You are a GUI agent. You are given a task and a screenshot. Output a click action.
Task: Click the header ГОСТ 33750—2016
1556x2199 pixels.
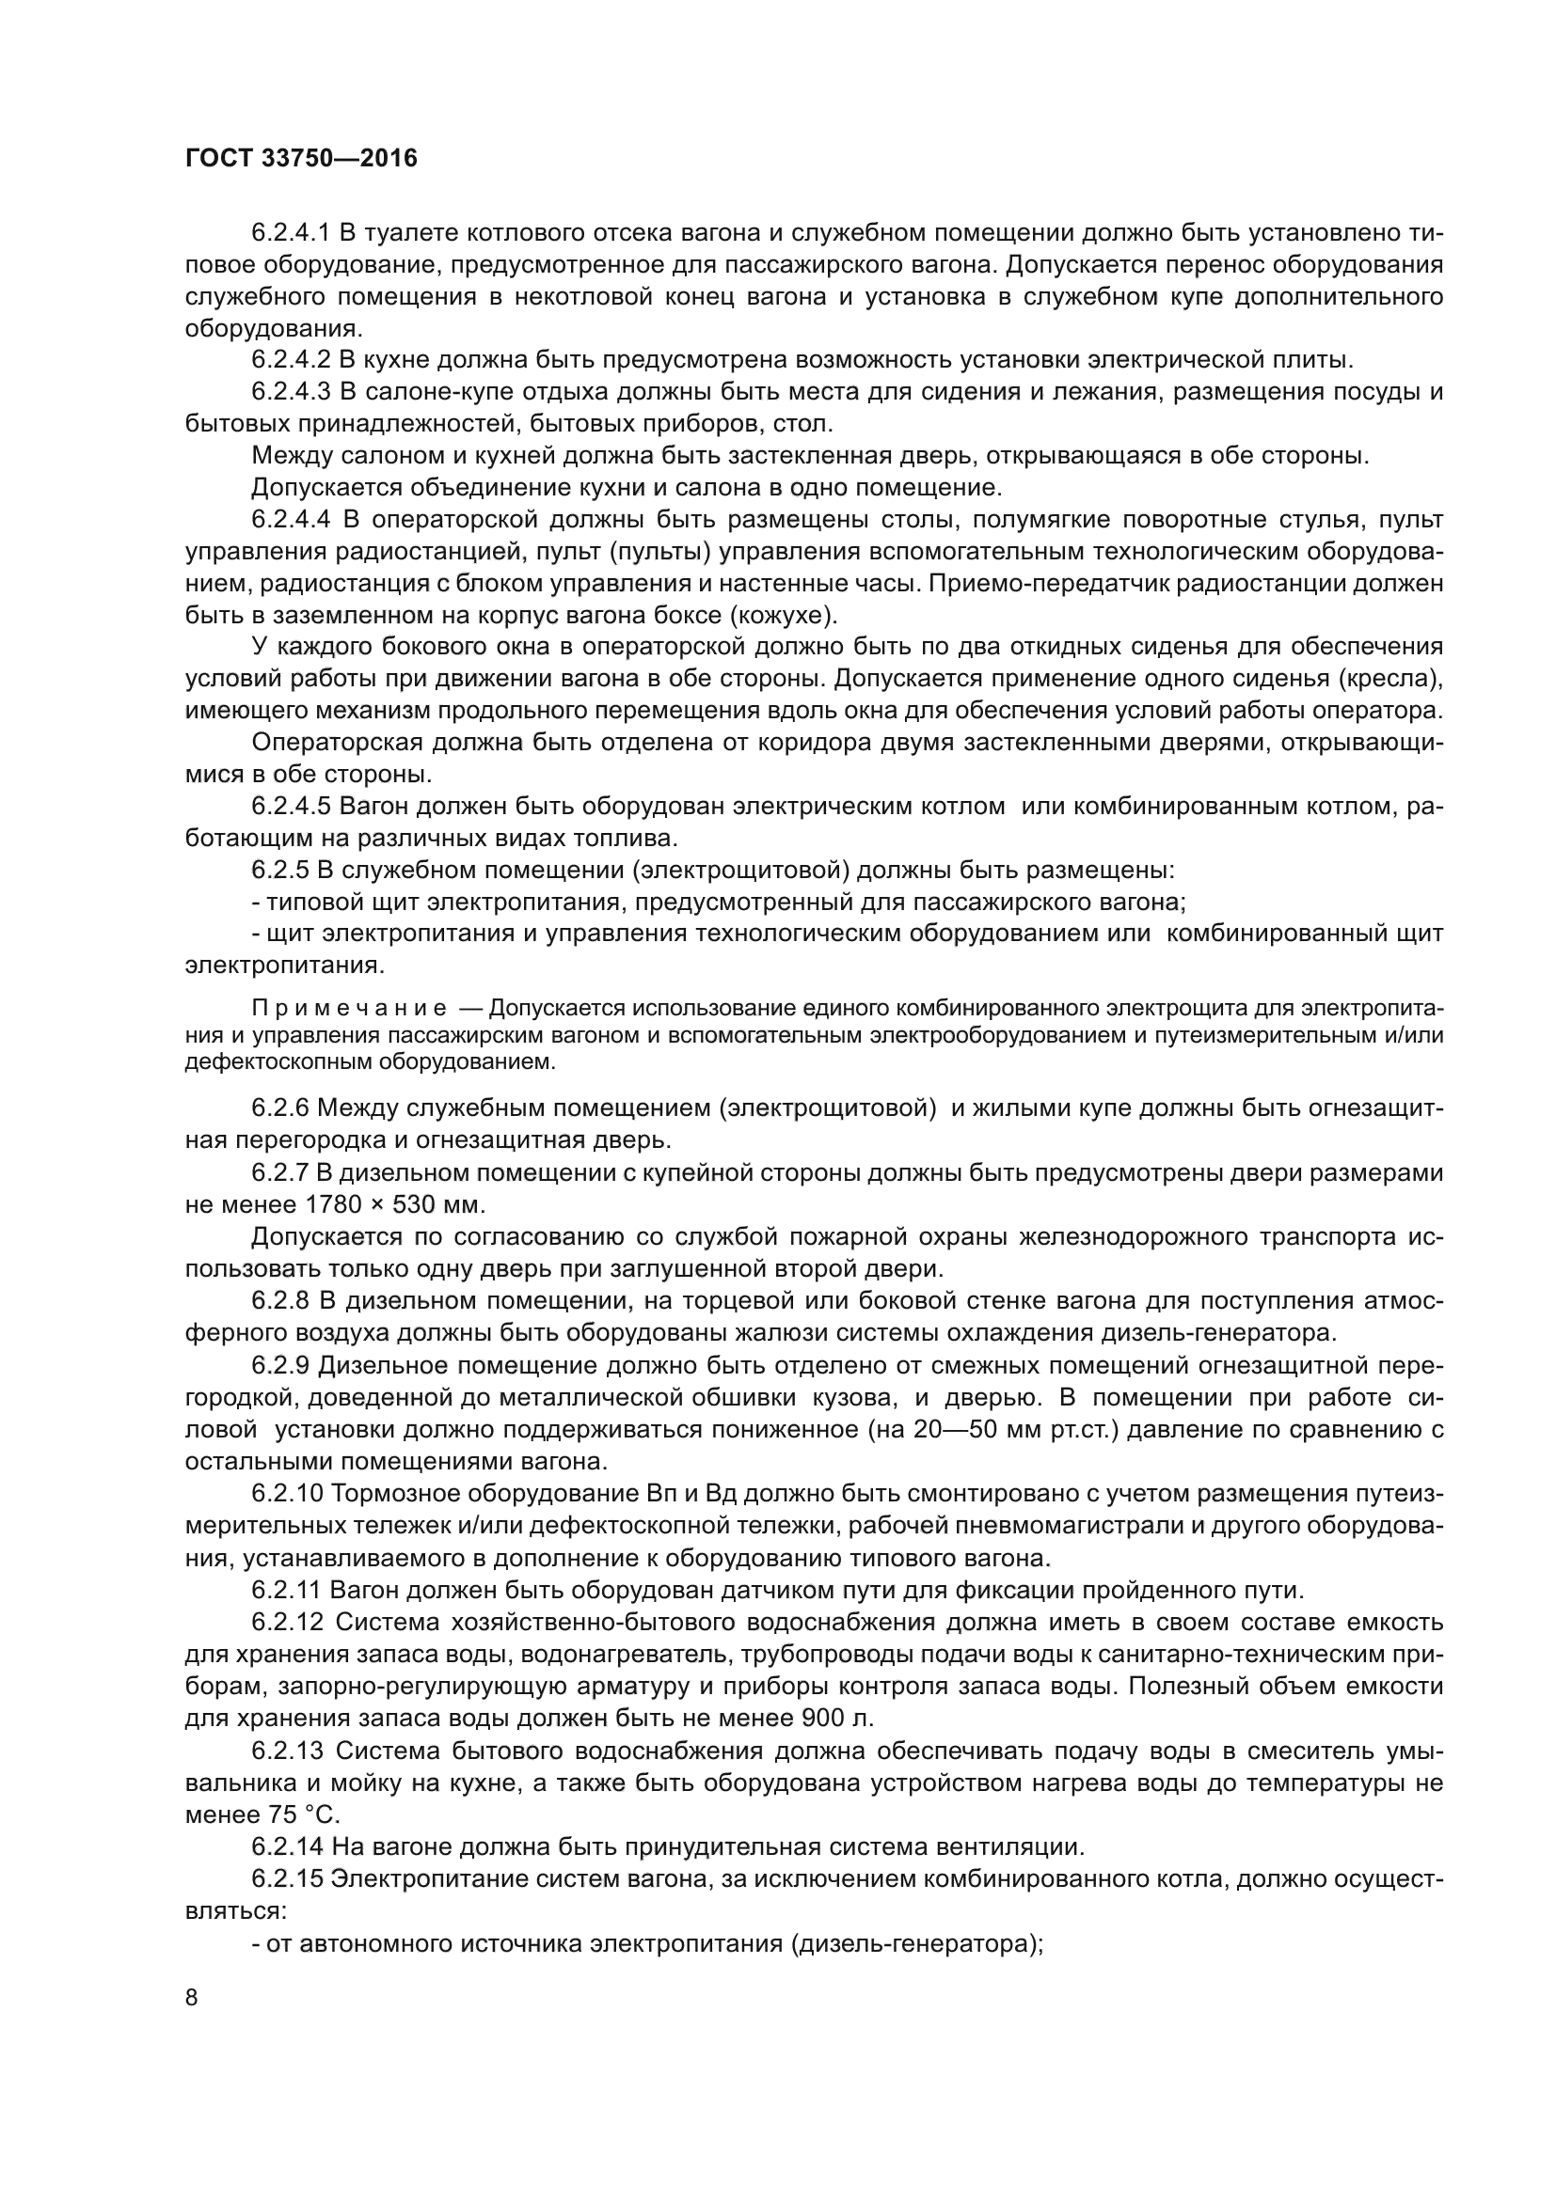pos(301,159)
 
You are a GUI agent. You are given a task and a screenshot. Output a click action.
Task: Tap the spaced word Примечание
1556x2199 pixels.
pos(350,1009)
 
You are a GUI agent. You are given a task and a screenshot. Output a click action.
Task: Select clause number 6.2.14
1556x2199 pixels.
pos(288,1846)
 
